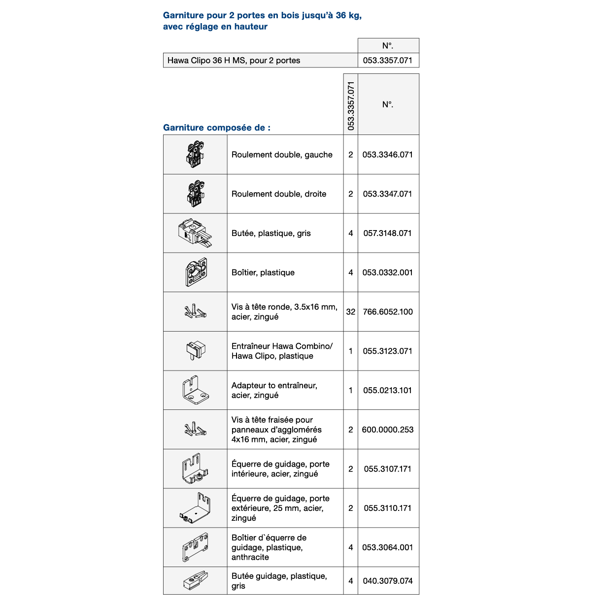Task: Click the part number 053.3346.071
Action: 388,155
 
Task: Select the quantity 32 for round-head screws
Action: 350,312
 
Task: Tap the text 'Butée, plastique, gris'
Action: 271,234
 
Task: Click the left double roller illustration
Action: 196,154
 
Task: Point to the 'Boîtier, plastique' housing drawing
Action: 196,272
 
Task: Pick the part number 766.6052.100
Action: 388,312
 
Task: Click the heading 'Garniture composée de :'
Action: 217,128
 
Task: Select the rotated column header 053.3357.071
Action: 351,105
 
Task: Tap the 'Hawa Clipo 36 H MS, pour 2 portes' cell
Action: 234,61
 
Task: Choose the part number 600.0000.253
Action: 388,430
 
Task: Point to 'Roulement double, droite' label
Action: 279,194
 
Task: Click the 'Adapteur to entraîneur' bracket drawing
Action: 196,390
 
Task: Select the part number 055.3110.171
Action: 388,508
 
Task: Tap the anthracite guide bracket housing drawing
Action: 195,547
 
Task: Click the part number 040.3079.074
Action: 388,581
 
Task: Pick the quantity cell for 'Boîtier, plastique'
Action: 350,272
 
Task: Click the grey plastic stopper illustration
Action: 195,233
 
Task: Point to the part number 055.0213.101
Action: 388,390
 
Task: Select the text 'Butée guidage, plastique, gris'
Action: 279,581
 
